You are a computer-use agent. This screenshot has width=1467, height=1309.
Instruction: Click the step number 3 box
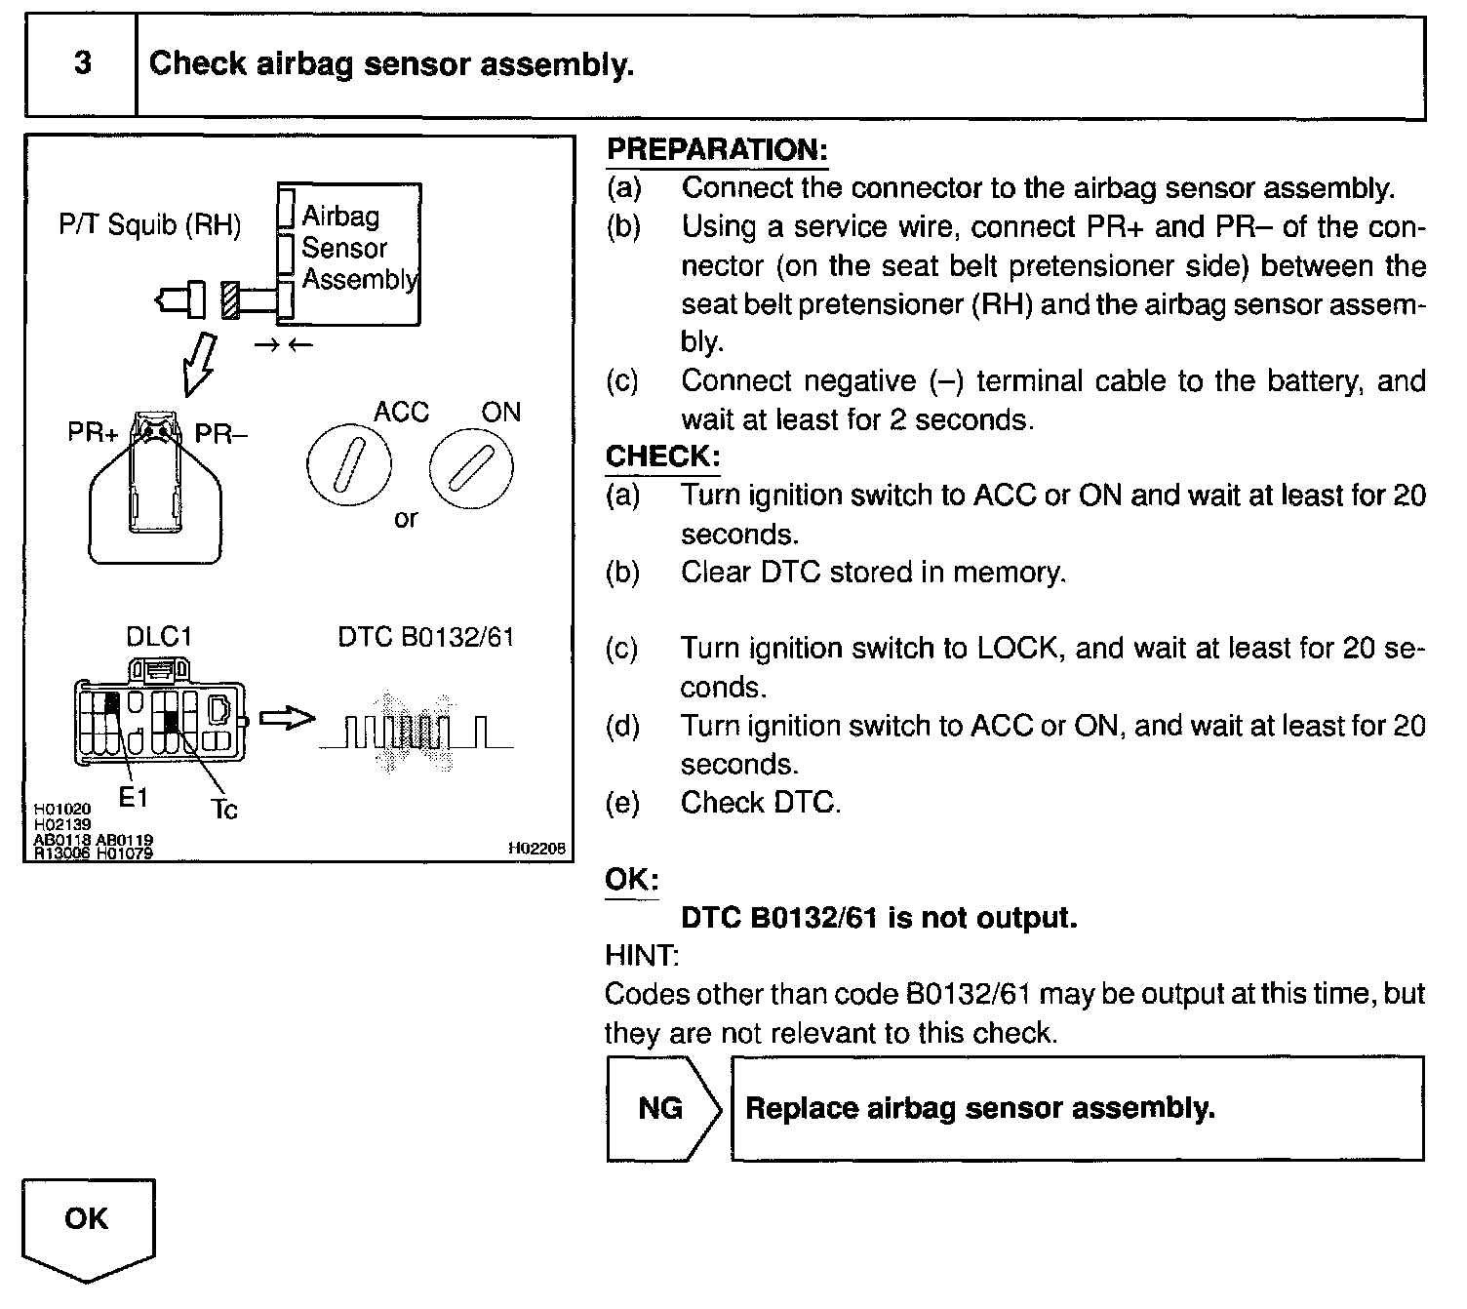[x=82, y=65]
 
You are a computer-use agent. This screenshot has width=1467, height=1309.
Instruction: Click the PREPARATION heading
[x=717, y=149]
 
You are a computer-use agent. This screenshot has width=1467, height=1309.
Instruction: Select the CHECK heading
[x=662, y=456]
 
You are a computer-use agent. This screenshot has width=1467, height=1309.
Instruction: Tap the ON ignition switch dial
[x=471, y=471]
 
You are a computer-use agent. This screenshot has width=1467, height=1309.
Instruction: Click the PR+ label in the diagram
[x=93, y=432]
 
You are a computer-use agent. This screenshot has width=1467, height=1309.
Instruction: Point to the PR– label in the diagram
[x=221, y=433]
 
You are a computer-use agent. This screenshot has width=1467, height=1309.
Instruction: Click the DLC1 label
[x=159, y=637]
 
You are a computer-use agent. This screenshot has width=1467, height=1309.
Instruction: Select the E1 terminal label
[x=133, y=797]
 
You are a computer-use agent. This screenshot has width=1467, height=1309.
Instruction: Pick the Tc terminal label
[x=223, y=809]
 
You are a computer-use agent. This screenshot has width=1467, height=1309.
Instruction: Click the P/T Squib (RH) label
[x=149, y=225]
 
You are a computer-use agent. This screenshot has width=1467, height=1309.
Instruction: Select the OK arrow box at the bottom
[x=88, y=1225]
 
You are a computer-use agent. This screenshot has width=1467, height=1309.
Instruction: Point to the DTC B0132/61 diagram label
[x=425, y=637]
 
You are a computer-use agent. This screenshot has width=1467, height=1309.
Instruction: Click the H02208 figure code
[x=535, y=849]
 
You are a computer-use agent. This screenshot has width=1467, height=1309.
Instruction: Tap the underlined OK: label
[x=631, y=879]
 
